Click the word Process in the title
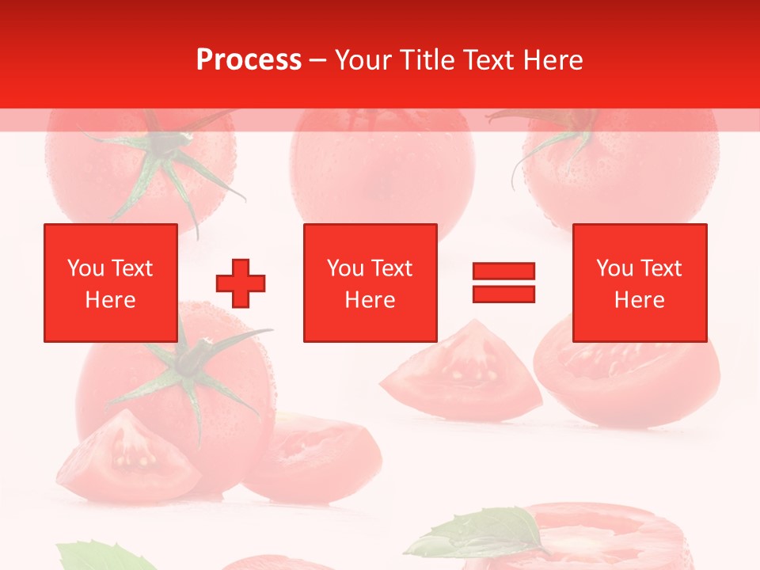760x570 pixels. pos(249,60)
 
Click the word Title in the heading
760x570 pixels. pos(427,60)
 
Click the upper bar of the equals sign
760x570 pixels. pos(503,271)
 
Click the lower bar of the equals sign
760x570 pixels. pos(503,294)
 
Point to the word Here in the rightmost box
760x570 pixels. pos(639,300)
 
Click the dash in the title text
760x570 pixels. pos(318,60)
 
